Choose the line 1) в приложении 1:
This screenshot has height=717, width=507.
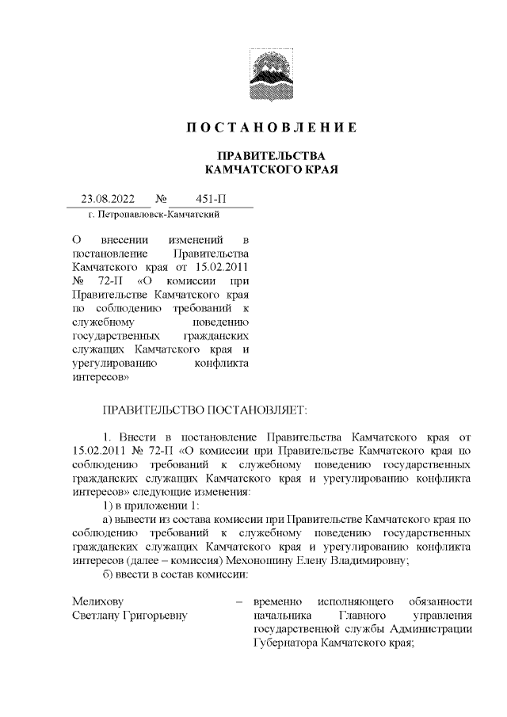click(x=147, y=505)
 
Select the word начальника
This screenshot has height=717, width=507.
click(x=281, y=616)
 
